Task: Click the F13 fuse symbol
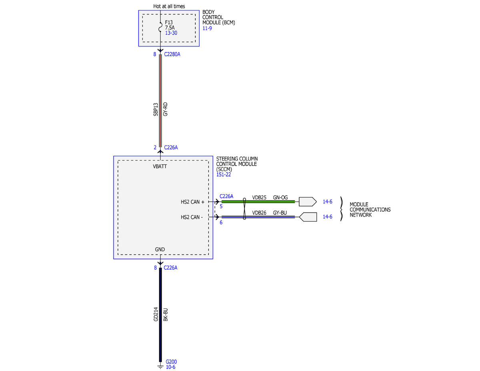[160, 27]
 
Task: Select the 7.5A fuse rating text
[170, 28]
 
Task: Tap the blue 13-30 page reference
[171, 33]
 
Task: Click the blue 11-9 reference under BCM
[207, 28]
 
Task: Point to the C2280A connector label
[172, 54]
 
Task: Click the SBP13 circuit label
[156, 109]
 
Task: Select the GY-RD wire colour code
[165, 109]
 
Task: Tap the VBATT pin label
[160, 166]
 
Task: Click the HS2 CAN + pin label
[192, 202]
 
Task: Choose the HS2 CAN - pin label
[192, 217]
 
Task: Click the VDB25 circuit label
[259, 198]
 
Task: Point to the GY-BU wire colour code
[280, 213]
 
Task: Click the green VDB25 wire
[258, 202]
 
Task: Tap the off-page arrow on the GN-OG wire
[308, 202]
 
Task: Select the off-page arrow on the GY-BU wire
[308, 217]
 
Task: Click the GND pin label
[160, 249]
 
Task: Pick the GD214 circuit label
[156, 314]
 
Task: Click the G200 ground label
[171, 362]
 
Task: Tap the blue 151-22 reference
[223, 174]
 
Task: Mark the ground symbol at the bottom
[160, 367]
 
